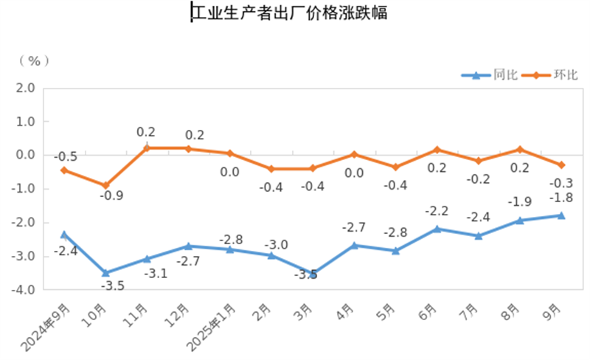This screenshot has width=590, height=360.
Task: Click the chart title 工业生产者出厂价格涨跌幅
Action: (x=289, y=13)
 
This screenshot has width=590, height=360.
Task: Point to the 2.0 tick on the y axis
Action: (x=26, y=88)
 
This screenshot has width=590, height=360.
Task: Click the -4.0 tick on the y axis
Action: (x=24, y=291)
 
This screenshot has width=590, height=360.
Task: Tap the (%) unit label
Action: (x=33, y=60)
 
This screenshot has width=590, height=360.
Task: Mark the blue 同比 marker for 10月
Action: (x=105, y=273)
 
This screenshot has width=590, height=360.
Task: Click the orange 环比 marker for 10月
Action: (x=105, y=185)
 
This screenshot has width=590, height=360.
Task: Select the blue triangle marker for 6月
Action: (x=437, y=229)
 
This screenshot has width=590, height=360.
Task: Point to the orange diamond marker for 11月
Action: (x=147, y=148)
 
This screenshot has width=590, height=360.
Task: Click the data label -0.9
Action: (x=112, y=197)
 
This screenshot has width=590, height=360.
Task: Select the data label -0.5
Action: (x=66, y=156)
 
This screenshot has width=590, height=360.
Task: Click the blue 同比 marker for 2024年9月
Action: (x=64, y=235)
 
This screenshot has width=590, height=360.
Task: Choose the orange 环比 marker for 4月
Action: (x=354, y=154)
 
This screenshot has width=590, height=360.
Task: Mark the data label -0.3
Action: (x=562, y=183)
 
